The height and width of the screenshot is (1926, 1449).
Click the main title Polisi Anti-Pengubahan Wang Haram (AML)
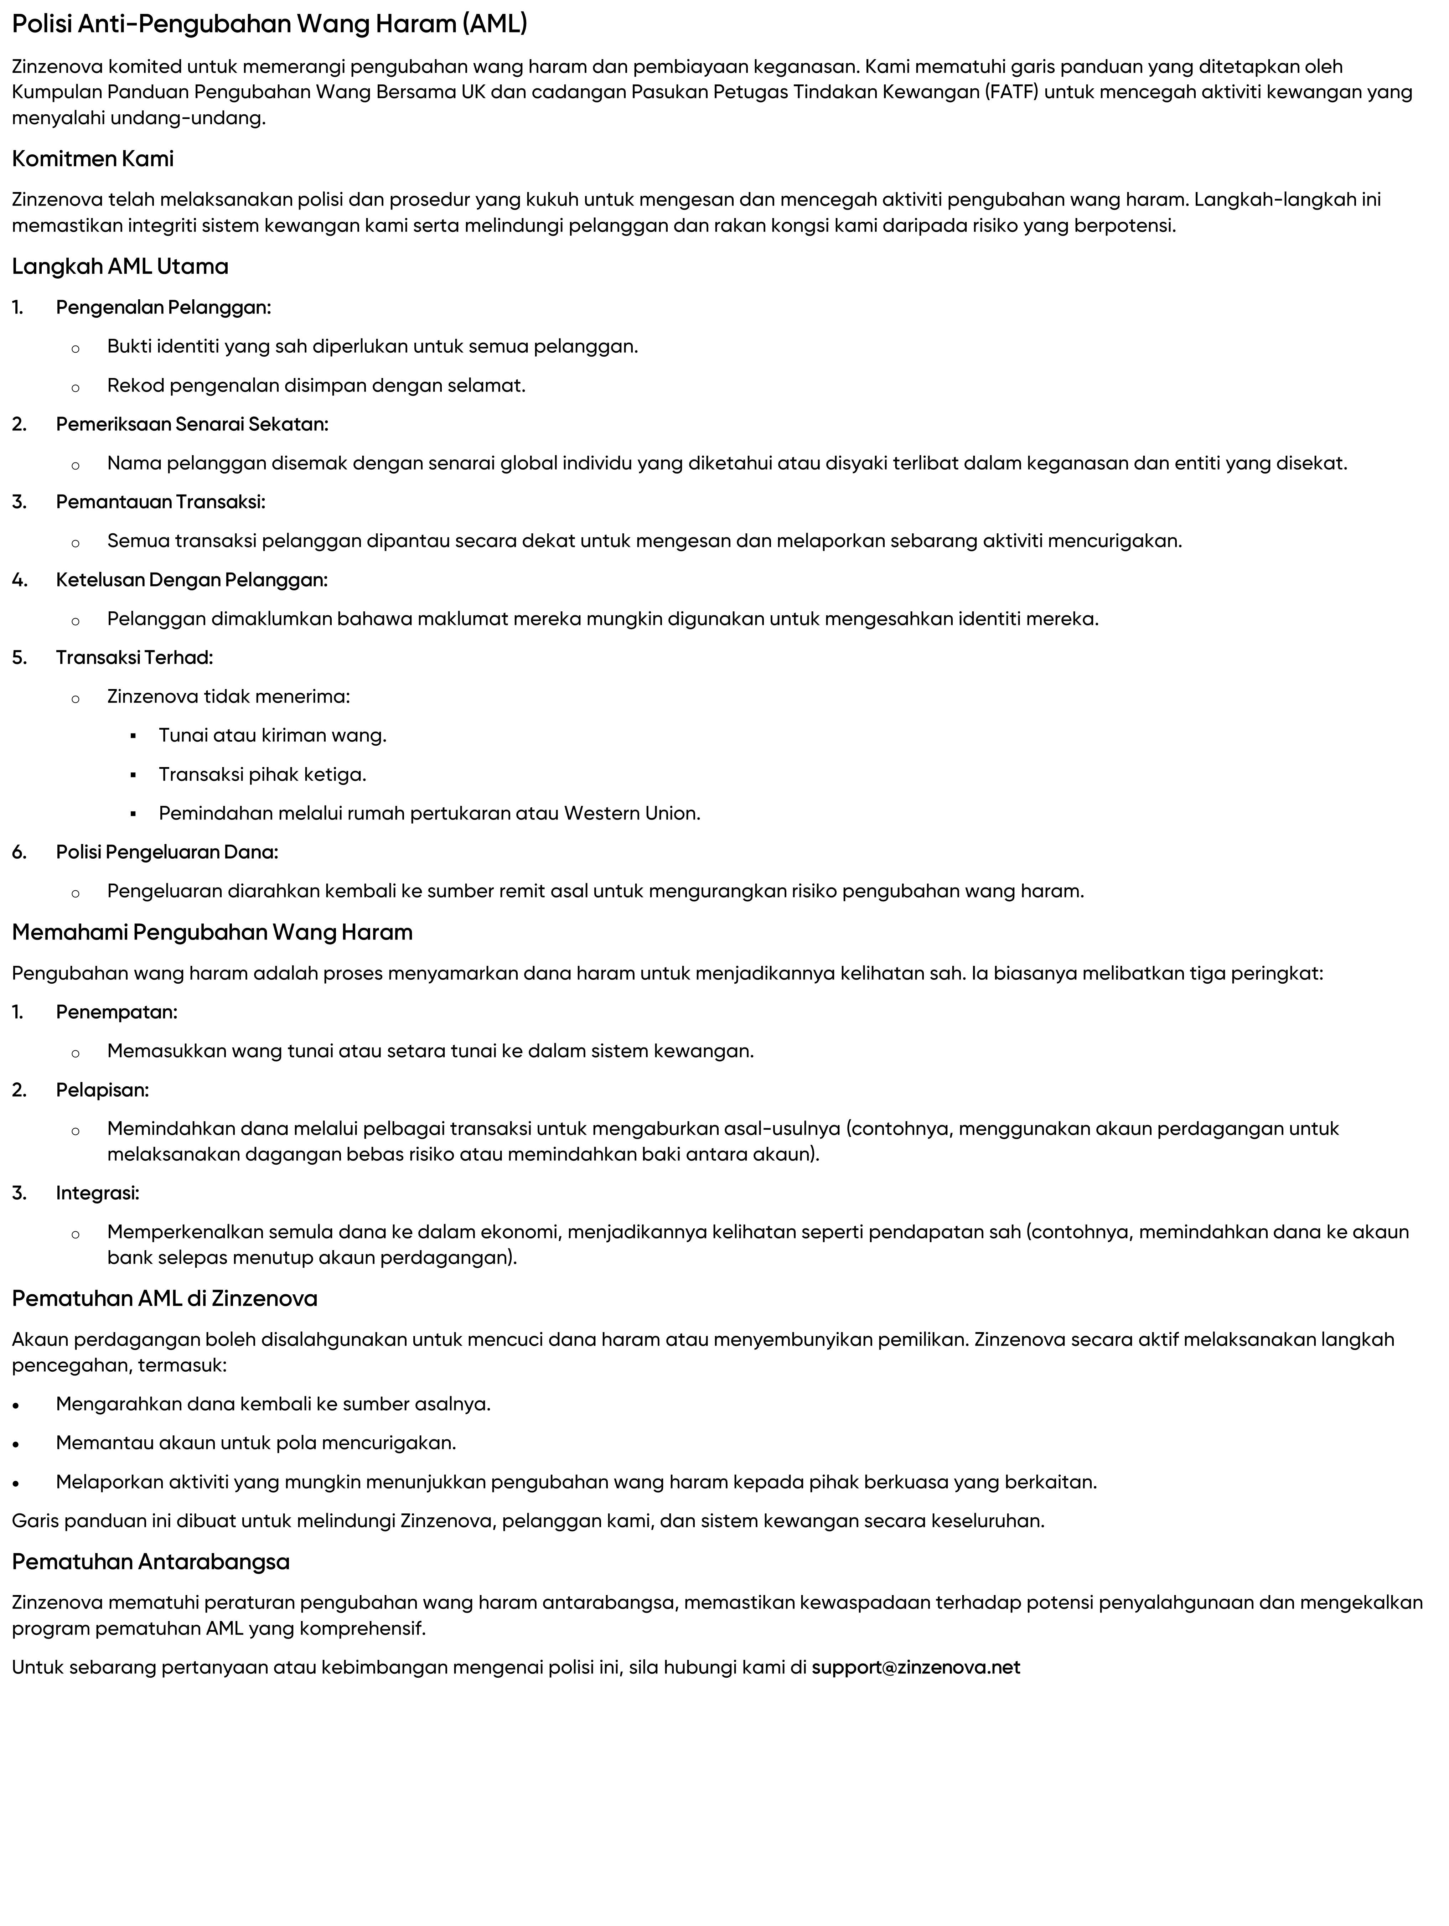[269, 24]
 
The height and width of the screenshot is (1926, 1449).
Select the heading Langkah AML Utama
[120, 266]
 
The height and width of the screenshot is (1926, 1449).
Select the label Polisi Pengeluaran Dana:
[167, 853]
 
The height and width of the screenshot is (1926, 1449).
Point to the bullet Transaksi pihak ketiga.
[262, 774]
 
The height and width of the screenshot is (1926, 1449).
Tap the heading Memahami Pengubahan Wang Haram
[212, 932]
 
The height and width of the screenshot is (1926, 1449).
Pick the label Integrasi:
[98, 1193]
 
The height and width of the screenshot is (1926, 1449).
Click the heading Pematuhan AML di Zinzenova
[165, 1299]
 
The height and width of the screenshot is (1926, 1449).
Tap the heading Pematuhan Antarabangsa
[151, 1562]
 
